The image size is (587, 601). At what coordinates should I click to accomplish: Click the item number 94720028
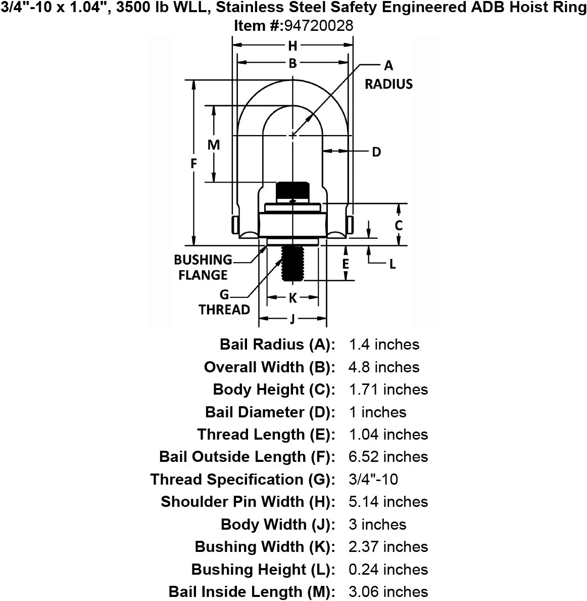coord(319,26)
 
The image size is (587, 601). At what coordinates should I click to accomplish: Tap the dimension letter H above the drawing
coord(292,46)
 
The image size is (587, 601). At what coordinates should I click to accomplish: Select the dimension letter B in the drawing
coord(292,63)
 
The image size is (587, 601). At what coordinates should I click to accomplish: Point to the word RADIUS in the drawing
coord(388,84)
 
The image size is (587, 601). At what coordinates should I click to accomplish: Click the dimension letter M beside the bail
coord(214,145)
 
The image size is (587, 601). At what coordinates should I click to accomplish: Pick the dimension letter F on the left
coord(193,164)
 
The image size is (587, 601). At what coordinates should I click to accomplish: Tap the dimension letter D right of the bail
coord(376,152)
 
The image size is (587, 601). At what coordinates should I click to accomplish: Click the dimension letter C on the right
coord(399,226)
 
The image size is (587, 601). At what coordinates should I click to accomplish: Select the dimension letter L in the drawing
coord(392,264)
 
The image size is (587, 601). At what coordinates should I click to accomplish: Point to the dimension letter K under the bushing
coord(292,298)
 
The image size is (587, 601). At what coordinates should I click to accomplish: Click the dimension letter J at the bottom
coord(292,319)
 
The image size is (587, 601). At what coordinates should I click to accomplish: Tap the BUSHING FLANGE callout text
coord(203,268)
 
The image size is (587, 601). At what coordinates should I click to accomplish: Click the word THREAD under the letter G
coord(224,310)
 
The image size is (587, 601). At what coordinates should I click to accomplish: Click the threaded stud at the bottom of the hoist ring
coord(292,264)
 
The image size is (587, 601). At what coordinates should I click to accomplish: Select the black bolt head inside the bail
coord(292,191)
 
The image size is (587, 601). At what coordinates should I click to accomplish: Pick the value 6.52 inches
coord(388,457)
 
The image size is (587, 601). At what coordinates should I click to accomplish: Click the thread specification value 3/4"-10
coord(373,480)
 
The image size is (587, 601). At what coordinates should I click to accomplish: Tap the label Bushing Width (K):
coord(265,547)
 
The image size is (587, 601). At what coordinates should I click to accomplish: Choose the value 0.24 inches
coord(388,570)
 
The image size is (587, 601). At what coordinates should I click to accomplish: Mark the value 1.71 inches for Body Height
coord(388,390)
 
